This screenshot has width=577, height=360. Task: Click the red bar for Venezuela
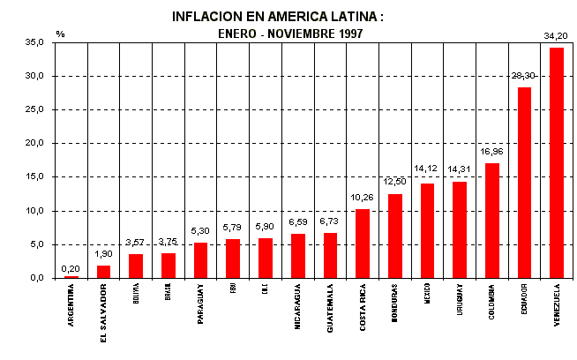click(557, 163)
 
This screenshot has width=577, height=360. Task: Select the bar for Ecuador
click(524, 183)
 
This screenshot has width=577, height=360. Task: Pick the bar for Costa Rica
click(363, 244)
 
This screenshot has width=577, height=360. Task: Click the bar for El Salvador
click(103, 272)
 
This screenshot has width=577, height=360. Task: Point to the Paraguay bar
click(200, 260)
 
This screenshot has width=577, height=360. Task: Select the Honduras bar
click(394, 236)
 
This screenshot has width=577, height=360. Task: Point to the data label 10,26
click(363, 199)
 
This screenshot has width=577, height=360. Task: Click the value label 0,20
click(71, 268)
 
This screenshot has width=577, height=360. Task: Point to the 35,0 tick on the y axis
click(35, 42)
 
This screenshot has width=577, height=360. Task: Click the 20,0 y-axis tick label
click(35, 143)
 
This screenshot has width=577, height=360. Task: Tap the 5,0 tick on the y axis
click(38, 244)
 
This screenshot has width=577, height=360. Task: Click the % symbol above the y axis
click(61, 33)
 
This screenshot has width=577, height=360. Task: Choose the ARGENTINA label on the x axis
click(71, 304)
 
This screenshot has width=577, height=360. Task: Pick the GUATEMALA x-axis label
click(330, 304)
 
